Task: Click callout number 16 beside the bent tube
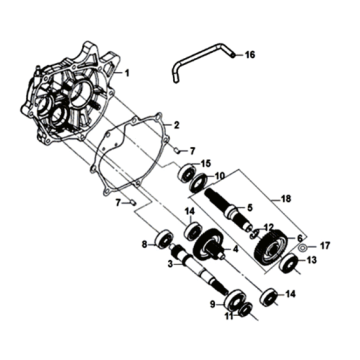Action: tap(250, 55)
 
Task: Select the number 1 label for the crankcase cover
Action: tap(127, 73)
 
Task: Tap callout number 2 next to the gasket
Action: tap(177, 125)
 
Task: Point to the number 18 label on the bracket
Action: tap(286, 199)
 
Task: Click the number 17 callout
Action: tap(325, 246)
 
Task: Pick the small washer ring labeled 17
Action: tap(303, 248)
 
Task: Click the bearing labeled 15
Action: tap(186, 173)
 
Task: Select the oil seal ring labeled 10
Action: tap(199, 183)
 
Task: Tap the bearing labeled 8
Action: tap(164, 240)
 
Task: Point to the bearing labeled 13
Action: tap(289, 263)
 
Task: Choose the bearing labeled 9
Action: tap(235, 301)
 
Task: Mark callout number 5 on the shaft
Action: tap(250, 208)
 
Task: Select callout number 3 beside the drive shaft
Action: tap(170, 264)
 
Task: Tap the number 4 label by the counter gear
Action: tap(236, 248)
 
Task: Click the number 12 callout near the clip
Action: tap(269, 228)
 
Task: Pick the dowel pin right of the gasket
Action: tap(178, 151)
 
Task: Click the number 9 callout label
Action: tap(212, 304)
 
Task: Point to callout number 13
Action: tap(311, 260)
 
